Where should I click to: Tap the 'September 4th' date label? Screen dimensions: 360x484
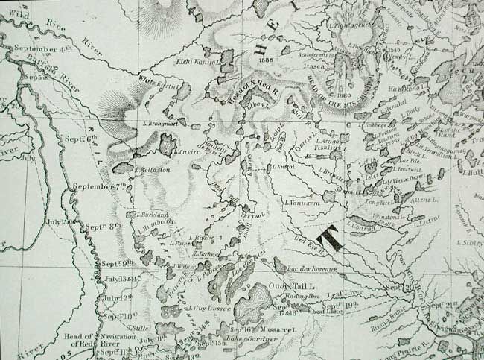point(42,48)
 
